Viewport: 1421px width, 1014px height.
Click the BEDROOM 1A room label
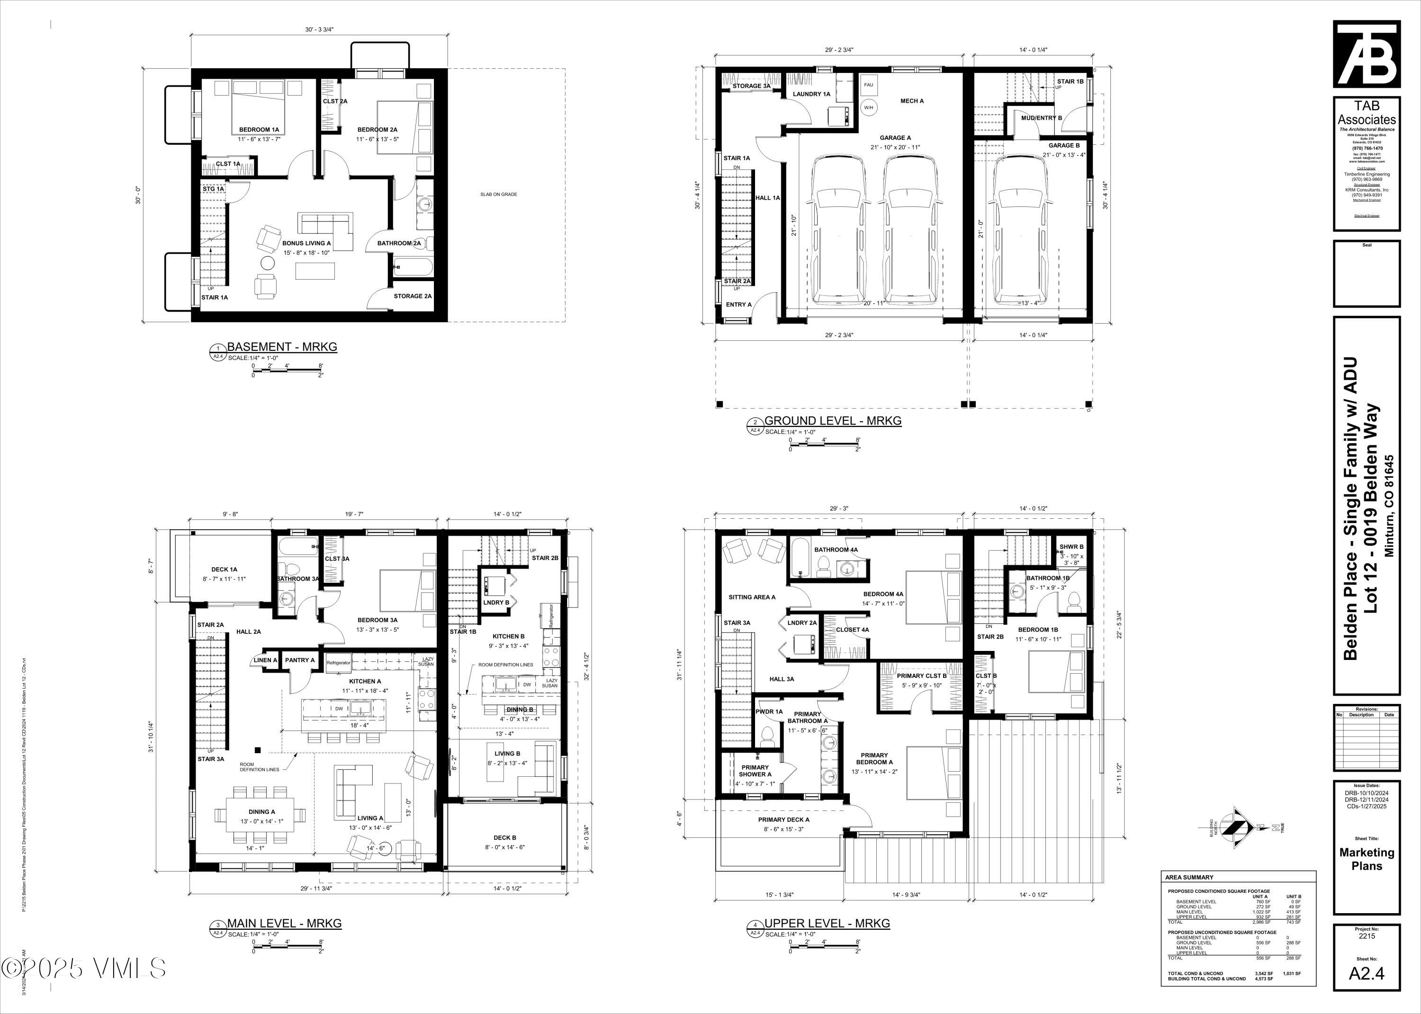259,130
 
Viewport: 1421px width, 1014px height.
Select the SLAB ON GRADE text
498,194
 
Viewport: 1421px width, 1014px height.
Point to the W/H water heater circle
868,107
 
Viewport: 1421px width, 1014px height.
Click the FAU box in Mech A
868,85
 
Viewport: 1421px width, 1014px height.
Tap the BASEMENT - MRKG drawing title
282,347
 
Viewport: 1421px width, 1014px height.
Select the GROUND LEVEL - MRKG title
833,421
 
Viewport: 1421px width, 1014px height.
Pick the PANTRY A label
300,660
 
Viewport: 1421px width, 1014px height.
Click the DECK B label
504,838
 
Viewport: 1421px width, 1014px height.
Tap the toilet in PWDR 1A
768,737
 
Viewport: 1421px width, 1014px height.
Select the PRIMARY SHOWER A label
755,771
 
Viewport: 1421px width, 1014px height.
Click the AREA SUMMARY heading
1189,877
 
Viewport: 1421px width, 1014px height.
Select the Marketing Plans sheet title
1367,859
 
